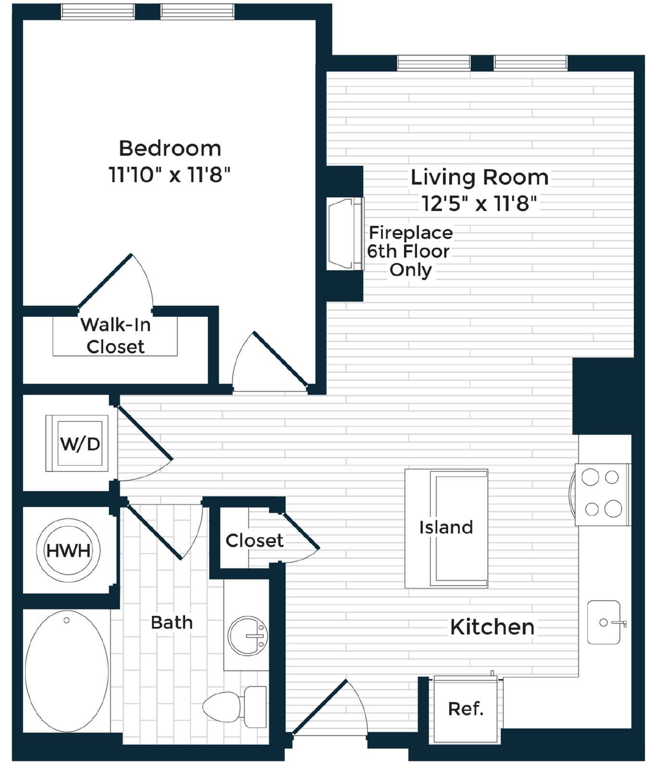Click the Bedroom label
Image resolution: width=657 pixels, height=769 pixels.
[x=170, y=148]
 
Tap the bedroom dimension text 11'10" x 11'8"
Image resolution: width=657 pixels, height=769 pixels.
[x=169, y=174]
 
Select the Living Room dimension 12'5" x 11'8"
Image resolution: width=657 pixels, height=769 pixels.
[x=479, y=203]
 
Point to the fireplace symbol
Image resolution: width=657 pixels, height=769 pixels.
[x=345, y=234]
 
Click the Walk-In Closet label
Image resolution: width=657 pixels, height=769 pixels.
[x=115, y=335]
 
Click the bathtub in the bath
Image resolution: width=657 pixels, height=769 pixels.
[x=67, y=671]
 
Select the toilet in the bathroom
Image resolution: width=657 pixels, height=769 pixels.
[x=235, y=707]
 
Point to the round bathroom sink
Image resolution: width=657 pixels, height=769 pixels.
[x=248, y=635]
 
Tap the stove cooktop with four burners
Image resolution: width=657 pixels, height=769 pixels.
[x=602, y=494]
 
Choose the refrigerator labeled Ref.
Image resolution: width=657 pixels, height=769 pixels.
[x=466, y=709]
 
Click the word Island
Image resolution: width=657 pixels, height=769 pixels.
[x=446, y=527]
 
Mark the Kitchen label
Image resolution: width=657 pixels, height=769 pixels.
[x=492, y=627]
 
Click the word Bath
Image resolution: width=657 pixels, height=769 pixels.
[x=172, y=622]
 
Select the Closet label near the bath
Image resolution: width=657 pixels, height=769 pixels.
[x=254, y=540]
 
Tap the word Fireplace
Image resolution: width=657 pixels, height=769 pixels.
[x=411, y=233]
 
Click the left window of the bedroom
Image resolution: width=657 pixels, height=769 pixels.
[x=98, y=12]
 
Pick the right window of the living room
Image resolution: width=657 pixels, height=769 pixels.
[x=531, y=63]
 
